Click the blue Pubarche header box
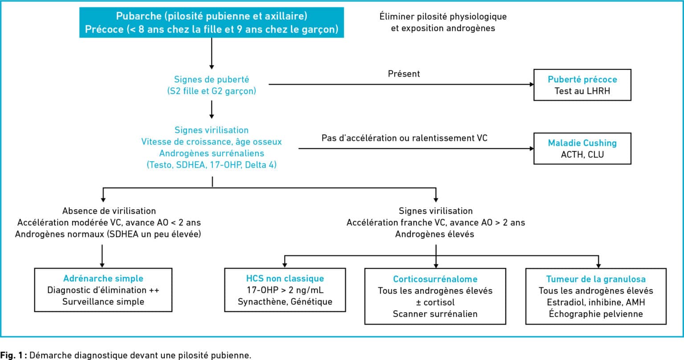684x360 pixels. (212, 23)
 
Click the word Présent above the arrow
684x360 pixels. (404, 74)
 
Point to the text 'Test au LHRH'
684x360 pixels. (582, 91)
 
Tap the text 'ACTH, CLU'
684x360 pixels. (582, 155)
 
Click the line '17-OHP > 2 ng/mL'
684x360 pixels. (285, 290)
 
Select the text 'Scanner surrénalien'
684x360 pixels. (435, 314)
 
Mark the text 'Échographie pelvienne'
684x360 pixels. (596, 314)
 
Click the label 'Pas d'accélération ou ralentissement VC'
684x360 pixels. (404, 138)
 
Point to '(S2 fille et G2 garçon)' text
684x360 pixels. (212, 91)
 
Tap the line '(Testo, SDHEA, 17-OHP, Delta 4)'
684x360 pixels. (212, 165)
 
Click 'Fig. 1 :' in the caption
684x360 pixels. (14, 355)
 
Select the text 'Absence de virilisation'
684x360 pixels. (109, 211)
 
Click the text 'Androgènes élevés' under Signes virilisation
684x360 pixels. (435, 234)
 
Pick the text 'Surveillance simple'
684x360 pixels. (103, 302)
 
